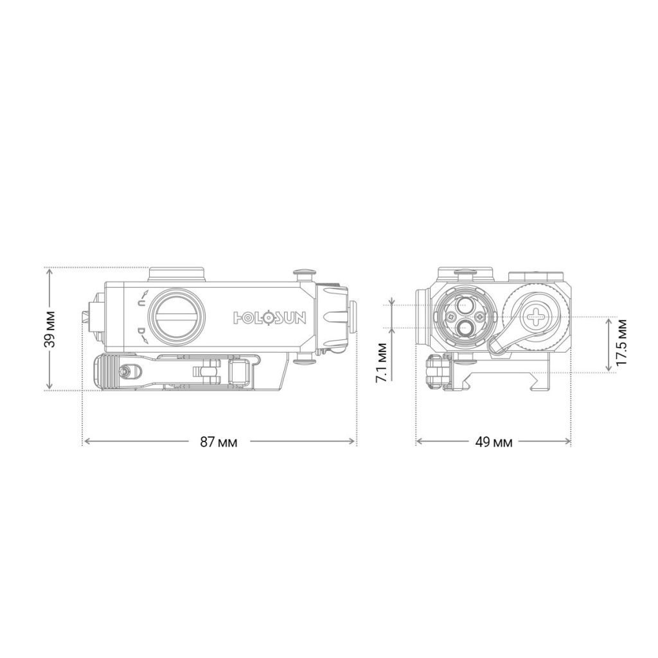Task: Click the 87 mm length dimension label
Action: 218,442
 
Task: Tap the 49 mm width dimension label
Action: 493,442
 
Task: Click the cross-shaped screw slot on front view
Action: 535,315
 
